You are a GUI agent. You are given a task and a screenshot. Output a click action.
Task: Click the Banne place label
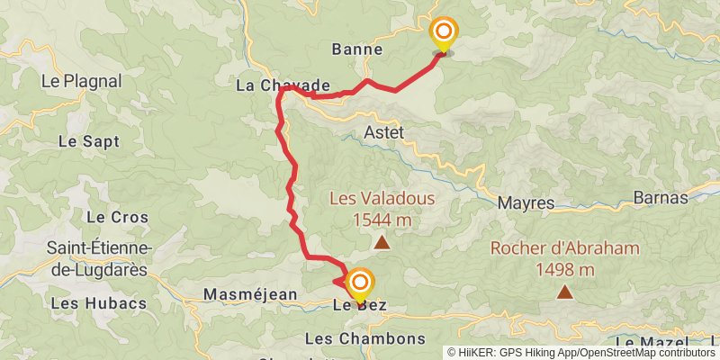coord(357,49)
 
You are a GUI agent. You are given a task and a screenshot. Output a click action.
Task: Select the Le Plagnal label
coord(81,80)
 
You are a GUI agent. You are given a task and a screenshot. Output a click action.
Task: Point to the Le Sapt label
coord(88,141)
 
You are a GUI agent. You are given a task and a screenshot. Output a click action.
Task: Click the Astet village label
coord(384,133)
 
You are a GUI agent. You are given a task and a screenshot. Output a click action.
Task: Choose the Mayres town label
coord(526,203)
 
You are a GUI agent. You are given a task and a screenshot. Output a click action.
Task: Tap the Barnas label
coord(661,198)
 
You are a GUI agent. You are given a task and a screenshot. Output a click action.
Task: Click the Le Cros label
coord(110,217)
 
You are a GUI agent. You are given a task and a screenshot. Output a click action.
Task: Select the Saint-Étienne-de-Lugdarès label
coord(100,256)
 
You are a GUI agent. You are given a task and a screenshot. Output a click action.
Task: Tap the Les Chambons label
coord(364,339)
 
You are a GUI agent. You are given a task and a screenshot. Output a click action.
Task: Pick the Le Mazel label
coord(650,343)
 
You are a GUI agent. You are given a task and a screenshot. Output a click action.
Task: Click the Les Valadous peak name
coord(382,199)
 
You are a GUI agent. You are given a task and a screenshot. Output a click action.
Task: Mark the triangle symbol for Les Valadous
coord(382,242)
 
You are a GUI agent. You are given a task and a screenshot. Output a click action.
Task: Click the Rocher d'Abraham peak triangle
coord(564,291)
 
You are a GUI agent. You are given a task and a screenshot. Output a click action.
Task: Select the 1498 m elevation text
coord(564,269)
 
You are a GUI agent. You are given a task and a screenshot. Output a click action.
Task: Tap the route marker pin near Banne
coord(443,32)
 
